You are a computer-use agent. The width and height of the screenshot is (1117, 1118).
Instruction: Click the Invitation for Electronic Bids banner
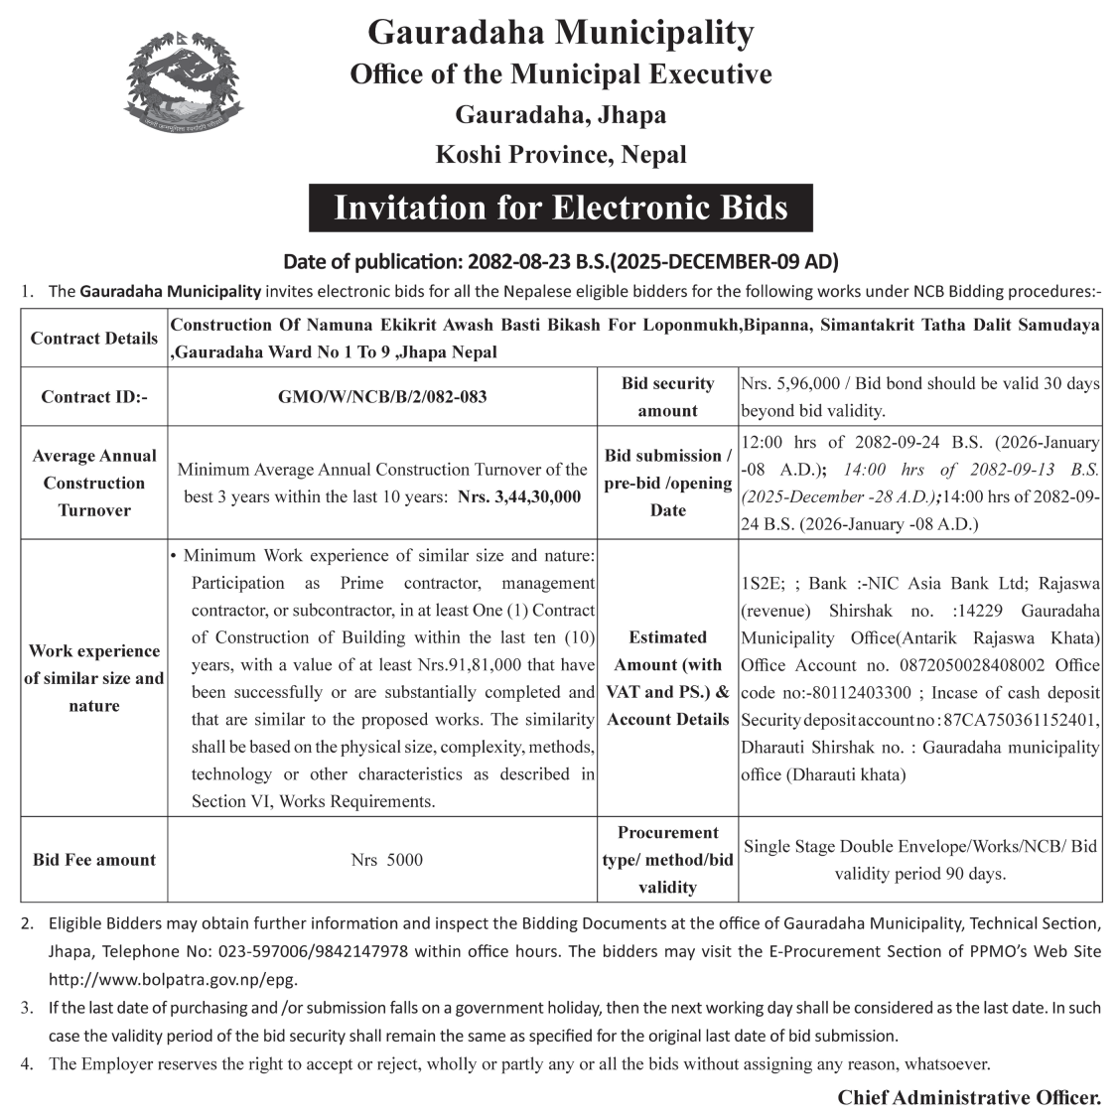point(560,208)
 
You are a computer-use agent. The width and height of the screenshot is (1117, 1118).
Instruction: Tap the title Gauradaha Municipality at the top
point(560,32)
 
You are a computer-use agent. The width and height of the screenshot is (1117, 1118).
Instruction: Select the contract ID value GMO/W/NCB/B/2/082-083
point(382,397)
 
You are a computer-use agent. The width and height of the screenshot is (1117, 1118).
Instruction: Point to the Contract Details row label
point(94,339)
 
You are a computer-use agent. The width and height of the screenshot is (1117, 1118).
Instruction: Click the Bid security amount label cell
point(667,397)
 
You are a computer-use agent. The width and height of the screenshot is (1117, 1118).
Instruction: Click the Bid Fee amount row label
point(94,860)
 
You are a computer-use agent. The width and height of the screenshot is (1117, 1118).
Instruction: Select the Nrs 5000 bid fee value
point(386,860)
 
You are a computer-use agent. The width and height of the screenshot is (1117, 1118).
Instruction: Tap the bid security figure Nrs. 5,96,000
point(790,384)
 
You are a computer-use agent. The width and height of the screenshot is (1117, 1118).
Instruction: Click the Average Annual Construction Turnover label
point(94,483)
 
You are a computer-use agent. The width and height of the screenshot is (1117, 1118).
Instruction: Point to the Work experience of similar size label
point(94,678)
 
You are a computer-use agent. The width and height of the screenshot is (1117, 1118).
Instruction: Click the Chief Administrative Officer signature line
point(969,1097)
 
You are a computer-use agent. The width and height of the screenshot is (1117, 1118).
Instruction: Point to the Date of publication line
point(561,262)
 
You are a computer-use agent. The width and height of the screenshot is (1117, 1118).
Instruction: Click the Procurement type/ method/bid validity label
point(667,860)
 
